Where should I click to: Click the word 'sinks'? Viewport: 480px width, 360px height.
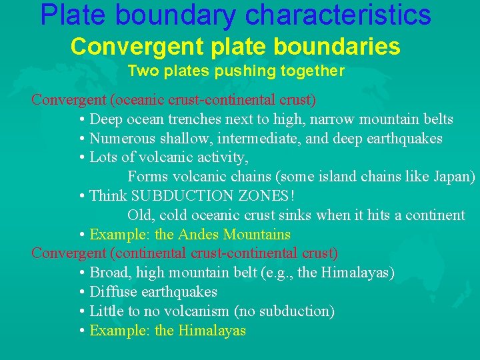(x=295, y=215)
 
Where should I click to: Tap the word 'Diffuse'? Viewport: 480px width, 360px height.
(x=111, y=292)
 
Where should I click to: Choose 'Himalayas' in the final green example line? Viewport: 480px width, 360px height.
(x=212, y=331)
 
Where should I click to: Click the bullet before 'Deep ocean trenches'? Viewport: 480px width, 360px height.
(x=81, y=120)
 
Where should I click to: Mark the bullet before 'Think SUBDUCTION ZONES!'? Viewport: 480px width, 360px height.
(x=81, y=196)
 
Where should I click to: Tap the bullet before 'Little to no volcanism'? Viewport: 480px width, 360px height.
(x=81, y=311)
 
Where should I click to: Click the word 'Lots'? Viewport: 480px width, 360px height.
(x=103, y=157)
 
